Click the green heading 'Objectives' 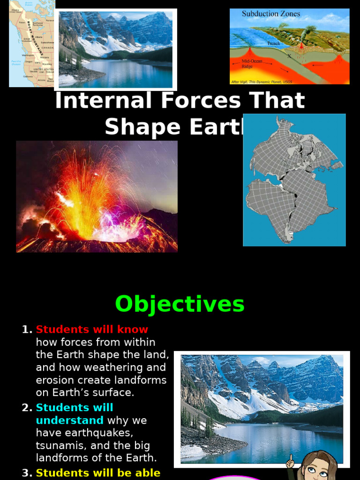180,304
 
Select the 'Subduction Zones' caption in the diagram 271,14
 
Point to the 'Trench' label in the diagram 273,44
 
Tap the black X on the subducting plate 289,56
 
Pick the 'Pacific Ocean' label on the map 16,63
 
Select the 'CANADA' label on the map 47,48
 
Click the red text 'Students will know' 92,330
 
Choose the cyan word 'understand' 69,420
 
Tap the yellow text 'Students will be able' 98,473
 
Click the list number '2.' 27,408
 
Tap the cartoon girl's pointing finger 290,458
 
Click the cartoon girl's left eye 311,470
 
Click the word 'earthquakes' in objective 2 97,433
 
